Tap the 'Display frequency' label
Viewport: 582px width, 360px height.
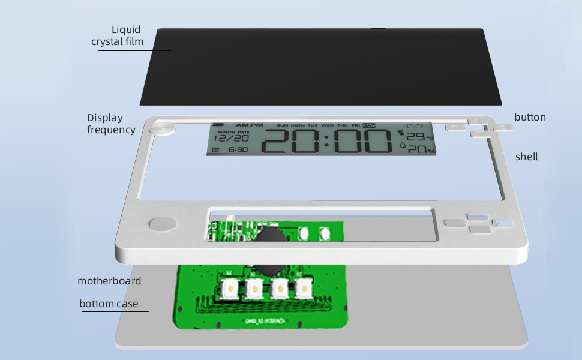coord(111,124)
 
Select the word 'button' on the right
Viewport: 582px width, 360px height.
coord(530,117)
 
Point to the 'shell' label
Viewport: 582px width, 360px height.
coord(527,157)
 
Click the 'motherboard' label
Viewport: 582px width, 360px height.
coord(109,281)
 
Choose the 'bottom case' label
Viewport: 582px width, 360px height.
coord(109,304)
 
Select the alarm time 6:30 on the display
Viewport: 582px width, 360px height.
coord(238,149)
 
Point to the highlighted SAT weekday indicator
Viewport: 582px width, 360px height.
coord(368,125)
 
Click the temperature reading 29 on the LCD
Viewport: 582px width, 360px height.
coord(415,137)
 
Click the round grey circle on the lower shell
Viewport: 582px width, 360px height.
coord(162,225)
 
